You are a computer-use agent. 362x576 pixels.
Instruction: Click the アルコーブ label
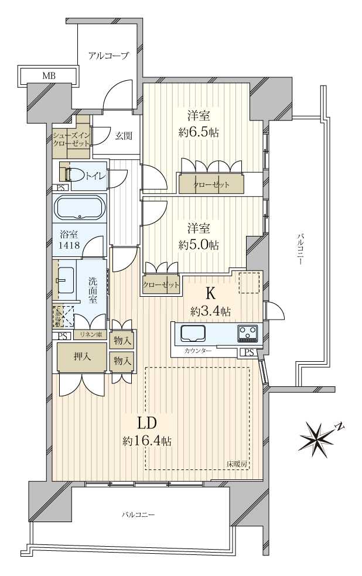click(x=108, y=56)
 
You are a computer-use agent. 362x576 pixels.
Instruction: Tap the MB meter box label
click(x=49, y=76)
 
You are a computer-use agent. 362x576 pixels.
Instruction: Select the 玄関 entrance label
click(x=123, y=136)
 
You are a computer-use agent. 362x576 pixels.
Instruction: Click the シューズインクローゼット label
click(x=71, y=139)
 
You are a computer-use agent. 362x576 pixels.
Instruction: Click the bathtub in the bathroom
click(x=79, y=207)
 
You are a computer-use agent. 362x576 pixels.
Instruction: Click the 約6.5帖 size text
click(x=199, y=133)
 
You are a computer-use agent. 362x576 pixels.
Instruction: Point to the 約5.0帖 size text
click(x=199, y=245)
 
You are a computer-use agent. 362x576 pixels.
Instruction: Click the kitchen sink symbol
click(x=193, y=333)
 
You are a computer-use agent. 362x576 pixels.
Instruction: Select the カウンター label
click(x=197, y=350)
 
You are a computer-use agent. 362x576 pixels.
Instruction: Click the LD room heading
click(x=146, y=423)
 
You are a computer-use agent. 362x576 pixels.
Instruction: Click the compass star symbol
click(x=317, y=436)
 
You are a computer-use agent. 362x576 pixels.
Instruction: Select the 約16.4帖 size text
click(x=146, y=441)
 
